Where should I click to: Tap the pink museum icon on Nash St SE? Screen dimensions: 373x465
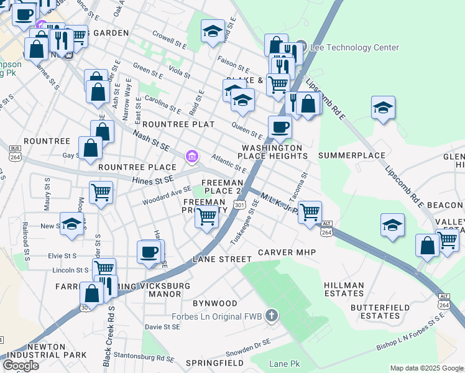coord(193,157)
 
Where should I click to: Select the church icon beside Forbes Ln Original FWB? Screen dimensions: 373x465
coord(270,316)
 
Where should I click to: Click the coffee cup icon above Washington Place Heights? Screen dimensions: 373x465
coord(280,127)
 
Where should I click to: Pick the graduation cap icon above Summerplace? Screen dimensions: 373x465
coord(384,108)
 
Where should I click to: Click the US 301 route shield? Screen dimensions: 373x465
coord(239,205)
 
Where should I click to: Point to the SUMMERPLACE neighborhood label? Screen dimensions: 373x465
coord(351,155)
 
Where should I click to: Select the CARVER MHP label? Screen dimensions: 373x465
coord(287,252)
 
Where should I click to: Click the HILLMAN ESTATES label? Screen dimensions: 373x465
coord(344,289)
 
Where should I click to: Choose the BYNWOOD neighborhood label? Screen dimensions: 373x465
coord(214,303)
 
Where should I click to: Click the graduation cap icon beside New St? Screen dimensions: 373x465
coord(72,224)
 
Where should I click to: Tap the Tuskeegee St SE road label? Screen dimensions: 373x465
coord(253,227)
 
